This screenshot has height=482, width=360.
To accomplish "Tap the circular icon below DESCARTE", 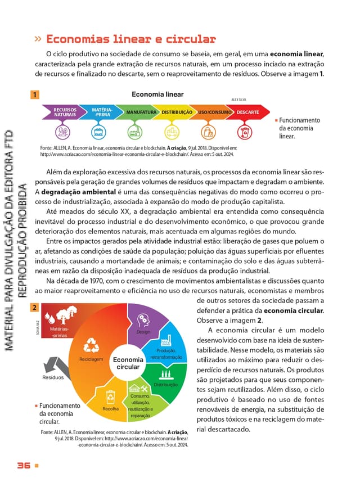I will click(x=245, y=132).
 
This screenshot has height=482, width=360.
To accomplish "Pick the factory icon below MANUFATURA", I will click(x=135, y=132).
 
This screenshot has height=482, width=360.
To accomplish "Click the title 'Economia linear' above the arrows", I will click(x=157, y=94).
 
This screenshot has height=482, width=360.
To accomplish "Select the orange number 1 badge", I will click(x=35, y=95).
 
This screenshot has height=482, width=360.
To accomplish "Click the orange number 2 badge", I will click(x=35, y=308).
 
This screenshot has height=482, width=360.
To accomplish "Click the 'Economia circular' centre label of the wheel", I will click(x=128, y=363).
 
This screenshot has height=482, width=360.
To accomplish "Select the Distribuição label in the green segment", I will click(x=165, y=385).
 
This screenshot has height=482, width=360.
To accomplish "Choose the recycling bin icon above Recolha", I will click(x=111, y=395).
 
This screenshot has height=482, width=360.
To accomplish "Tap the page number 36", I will click(x=24, y=466).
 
